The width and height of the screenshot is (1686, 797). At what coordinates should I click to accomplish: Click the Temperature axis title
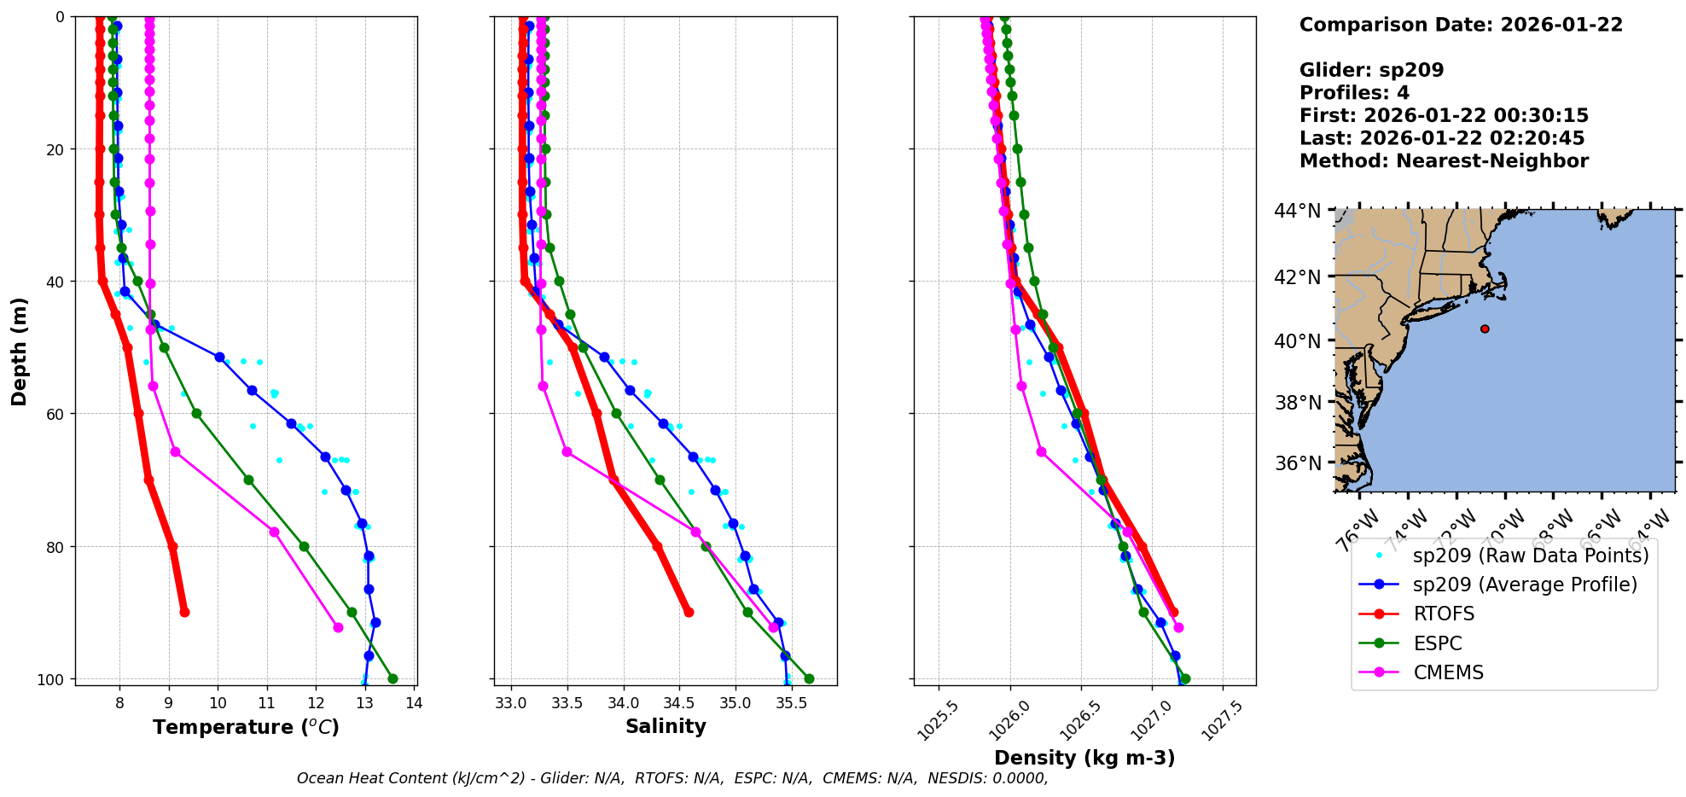coord(246,727)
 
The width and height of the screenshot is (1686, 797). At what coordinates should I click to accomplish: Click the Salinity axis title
coord(666,727)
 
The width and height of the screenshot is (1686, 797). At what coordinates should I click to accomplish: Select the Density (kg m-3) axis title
coord(1084,758)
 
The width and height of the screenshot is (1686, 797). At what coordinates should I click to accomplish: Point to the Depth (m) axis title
coord(20,351)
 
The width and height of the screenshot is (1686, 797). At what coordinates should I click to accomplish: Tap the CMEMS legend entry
coord(1448,672)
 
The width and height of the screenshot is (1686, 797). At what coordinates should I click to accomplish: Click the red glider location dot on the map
coord(1485,329)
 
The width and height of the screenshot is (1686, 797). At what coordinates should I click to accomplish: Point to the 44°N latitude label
coord(1297,211)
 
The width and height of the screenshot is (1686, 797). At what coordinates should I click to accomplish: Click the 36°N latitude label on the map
coord(1297,463)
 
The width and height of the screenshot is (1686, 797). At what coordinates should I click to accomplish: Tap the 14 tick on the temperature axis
coord(414,703)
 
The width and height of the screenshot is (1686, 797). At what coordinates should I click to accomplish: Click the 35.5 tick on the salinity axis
coord(790,703)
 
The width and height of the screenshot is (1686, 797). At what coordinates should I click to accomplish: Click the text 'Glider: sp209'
coord(1371,70)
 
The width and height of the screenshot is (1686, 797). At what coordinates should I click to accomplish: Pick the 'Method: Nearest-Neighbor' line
coord(1444,161)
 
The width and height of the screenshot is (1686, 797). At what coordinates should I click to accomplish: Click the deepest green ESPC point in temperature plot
coord(392,679)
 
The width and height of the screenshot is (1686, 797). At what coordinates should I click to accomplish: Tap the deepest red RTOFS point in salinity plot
coord(689,612)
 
